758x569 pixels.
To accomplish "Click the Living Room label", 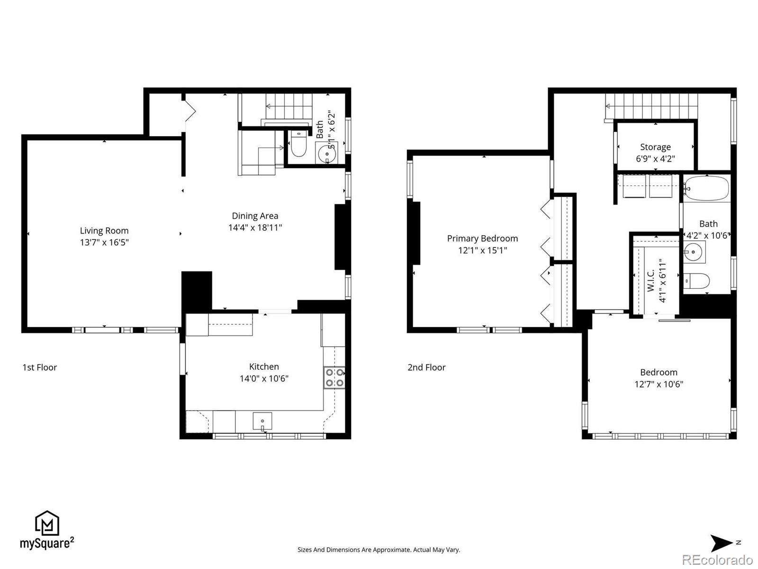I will coord(104,231).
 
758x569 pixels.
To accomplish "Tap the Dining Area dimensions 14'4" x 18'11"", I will coord(255,228).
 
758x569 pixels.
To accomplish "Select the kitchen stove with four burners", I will coord(334,377).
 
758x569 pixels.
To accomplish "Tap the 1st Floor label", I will coord(39,367).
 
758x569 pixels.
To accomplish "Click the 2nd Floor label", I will coord(426,367).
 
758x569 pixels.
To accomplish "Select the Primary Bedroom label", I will coord(482,239).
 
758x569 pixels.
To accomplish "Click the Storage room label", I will coord(655,147).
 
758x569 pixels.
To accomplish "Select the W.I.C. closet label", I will coord(651,281).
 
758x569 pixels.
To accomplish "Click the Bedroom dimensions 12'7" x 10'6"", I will coord(659,385).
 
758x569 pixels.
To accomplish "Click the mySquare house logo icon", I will coord(47,523).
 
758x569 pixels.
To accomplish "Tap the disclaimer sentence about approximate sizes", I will coord(379,550).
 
